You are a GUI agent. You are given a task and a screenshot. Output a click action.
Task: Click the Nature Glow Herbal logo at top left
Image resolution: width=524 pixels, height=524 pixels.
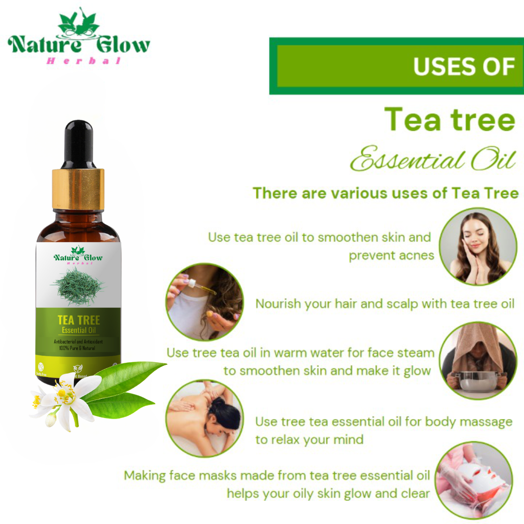tap(79, 37)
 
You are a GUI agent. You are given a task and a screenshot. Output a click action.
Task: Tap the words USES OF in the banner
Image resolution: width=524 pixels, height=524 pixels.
tap(464, 66)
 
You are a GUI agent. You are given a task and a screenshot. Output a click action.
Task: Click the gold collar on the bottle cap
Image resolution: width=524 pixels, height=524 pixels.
tap(78, 188)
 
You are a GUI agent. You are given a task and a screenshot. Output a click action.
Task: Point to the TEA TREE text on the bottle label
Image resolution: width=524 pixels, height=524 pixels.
tap(78, 320)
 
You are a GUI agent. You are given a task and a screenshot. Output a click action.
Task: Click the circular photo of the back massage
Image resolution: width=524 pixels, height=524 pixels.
tap(205, 419)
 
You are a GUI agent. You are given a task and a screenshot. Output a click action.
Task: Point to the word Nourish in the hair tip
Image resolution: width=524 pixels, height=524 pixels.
tap(278, 304)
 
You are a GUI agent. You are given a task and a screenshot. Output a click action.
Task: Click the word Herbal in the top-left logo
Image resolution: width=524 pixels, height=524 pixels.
tap(83, 61)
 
